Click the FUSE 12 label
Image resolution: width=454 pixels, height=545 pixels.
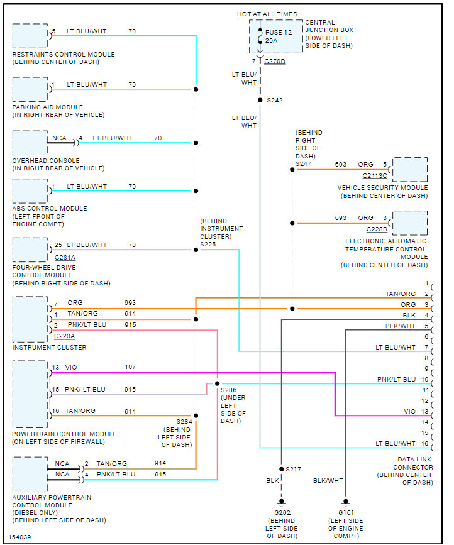[x=279, y=32]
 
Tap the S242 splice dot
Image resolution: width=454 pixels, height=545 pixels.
[x=260, y=100]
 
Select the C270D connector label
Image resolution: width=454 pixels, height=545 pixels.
[x=275, y=62]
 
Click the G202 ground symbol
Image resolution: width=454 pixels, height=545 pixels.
[x=282, y=502]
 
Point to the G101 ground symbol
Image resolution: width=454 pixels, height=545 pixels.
[x=346, y=502]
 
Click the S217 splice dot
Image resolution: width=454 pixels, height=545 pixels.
[x=282, y=469]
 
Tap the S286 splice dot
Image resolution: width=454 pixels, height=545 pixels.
[x=218, y=383]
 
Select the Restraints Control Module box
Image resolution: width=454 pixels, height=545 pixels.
[x=30, y=36]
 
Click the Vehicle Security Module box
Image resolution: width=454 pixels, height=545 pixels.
[x=410, y=170]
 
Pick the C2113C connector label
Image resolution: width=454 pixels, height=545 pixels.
[x=375, y=176]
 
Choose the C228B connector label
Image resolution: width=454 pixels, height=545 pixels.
[x=377, y=229]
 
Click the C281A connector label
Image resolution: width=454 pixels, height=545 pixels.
[x=65, y=258]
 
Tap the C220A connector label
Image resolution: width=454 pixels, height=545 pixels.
[x=65, y=336]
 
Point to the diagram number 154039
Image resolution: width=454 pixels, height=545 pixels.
[x=20, y=537]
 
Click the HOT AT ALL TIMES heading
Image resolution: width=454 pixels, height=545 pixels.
[x=267, y=14]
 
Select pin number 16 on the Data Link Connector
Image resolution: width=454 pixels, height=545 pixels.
[x=425, y=444]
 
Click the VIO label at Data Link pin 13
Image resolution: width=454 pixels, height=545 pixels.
[x=410, y=412]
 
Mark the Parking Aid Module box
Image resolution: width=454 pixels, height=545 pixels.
[x=30, y=89]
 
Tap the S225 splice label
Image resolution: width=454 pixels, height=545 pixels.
[x=208, y=245]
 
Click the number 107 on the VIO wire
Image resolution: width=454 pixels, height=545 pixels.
[x=130, y=367]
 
